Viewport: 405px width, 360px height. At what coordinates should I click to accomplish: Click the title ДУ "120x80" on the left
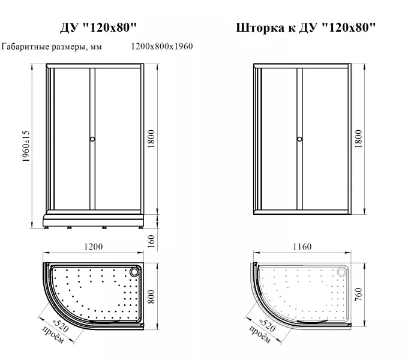tap(98, 27)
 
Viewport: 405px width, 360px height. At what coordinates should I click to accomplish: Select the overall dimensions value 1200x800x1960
tap(162, 46)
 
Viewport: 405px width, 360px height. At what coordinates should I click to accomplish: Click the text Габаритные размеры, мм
tap(52, 47)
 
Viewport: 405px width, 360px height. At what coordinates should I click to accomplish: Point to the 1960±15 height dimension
tap(26, 146)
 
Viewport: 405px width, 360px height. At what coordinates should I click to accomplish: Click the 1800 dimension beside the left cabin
tap(151, 139)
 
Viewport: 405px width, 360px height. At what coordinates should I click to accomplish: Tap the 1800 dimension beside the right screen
tap(359, 139)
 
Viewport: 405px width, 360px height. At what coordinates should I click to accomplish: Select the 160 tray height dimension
tap(151, 241)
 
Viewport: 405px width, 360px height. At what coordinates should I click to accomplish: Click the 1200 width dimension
tap(93, 247)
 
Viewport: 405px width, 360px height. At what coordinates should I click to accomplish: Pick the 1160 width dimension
tap(302, 247)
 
